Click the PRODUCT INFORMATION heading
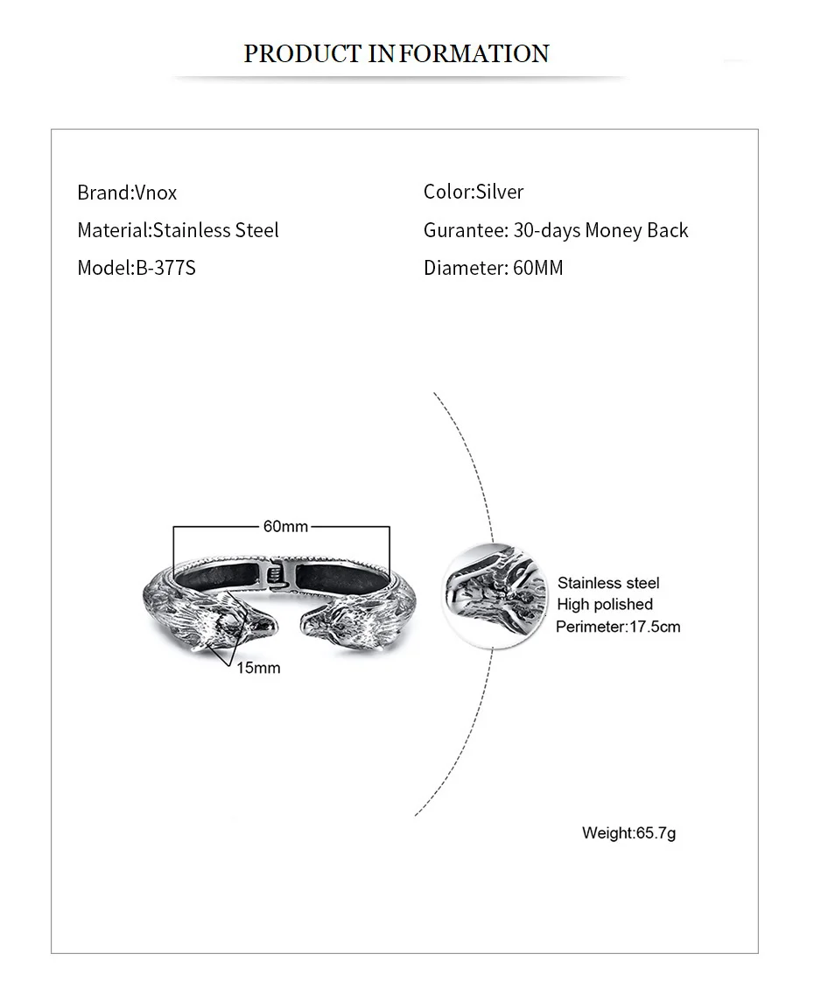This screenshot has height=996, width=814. tap(396, 54)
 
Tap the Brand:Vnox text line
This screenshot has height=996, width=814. tap(127, 193)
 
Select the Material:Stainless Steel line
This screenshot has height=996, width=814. tap(178, 230)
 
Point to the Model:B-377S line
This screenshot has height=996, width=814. tap(137, 268)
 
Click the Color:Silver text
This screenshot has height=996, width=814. tap(474, 192)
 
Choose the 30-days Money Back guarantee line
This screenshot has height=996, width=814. tap(556, 230)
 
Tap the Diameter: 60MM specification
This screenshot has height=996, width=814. tap(494, 268)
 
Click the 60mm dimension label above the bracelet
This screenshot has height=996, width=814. tap(285, 526)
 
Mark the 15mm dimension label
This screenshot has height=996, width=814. tap(258, 668)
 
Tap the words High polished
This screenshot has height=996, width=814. tap(605, 604)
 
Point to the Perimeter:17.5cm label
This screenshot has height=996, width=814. tap(618, 627)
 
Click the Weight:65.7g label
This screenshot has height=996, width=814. tap(628, 832)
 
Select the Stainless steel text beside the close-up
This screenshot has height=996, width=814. tap(608, 583)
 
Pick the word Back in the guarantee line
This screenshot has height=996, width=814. tap(668, 230)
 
